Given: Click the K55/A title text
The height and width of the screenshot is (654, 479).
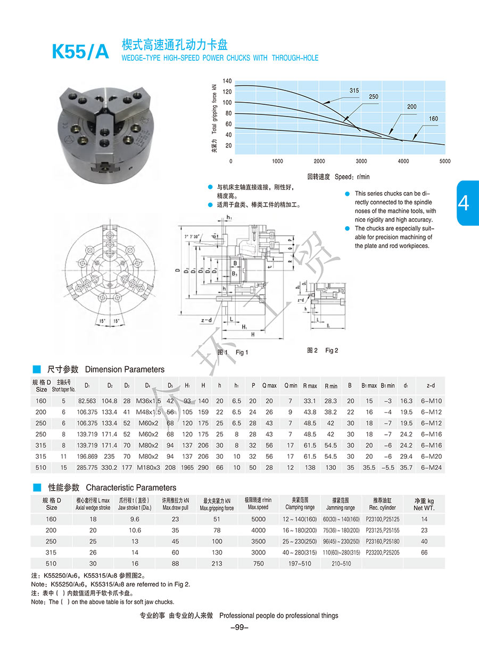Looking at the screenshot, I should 80,51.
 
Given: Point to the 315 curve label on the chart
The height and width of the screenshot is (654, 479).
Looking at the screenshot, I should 354,91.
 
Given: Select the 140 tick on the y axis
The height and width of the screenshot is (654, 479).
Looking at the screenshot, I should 227,81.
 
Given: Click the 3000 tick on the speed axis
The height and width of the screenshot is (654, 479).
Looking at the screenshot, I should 361,161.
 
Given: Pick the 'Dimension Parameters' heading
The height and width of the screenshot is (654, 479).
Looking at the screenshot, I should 125,369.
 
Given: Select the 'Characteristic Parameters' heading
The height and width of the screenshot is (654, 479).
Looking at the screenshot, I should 131,487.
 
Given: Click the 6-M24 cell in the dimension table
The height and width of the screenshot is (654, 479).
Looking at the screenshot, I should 431,468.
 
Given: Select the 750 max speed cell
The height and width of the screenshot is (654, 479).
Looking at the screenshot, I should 258,564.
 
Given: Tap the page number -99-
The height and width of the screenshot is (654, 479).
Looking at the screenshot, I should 239,627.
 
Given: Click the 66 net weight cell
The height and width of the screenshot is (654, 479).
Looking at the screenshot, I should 424,552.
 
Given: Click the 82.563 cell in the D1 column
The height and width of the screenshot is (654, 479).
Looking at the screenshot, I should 87,401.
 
